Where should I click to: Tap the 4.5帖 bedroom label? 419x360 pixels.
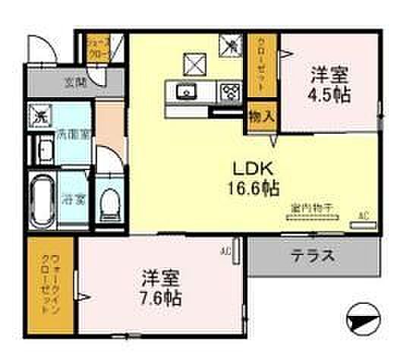tap(329, 85)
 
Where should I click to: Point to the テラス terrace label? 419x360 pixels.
tap(313, 256)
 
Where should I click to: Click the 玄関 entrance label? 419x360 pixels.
tap(74, 82)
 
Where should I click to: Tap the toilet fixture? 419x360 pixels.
tap(110, 202)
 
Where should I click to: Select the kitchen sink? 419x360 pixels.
tap(184, 93)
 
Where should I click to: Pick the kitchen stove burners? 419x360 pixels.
tap(229, 93)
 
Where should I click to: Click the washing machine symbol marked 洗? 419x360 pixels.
tap(38, 115)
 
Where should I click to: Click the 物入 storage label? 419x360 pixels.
tap(260, 117)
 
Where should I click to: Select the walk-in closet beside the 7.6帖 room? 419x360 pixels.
tap(50, 284)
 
